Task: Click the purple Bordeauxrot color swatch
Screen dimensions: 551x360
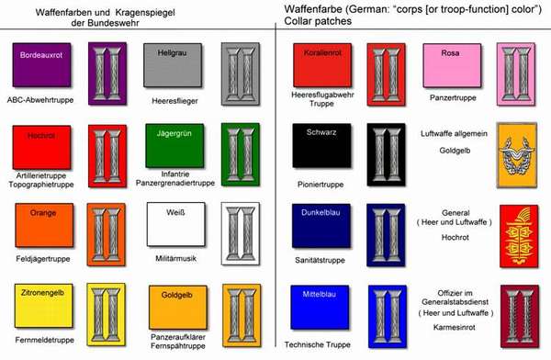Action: [x=41, y=65]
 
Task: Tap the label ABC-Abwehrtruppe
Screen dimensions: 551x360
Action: [x=40, y=100]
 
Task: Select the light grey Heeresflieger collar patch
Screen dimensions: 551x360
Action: [x=241, y=73]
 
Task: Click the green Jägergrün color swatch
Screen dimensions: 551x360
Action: [x=174, y=145]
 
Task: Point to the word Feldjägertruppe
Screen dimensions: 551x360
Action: [x=43, y=259]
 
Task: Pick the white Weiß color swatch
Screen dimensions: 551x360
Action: [x=176, y=224]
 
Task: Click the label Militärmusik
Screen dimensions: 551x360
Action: [x=175, y=258]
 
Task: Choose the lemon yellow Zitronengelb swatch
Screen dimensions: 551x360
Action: [x=43, y=306]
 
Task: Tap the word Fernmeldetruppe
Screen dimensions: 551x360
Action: [x=45, y=340]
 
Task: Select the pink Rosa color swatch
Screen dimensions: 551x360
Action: [x=452, y=66]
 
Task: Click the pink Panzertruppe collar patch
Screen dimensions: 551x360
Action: [x=516, y=74]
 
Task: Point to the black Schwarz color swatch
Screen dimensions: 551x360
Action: [x=321, y=145]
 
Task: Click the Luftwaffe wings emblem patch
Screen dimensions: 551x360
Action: [x=516, y=155]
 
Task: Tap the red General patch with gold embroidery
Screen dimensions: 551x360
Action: [x=519, y=236]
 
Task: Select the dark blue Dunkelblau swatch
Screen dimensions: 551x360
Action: [x=321, y=226]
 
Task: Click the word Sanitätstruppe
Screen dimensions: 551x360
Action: [x=320, y=261]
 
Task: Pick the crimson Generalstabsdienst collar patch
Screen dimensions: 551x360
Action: [x=520, y=317]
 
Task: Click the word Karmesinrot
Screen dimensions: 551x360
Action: [x=454, y=327]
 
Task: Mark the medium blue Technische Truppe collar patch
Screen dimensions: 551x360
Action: [x=388, y=317]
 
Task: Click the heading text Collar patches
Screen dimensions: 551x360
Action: [x=318, y=21]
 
